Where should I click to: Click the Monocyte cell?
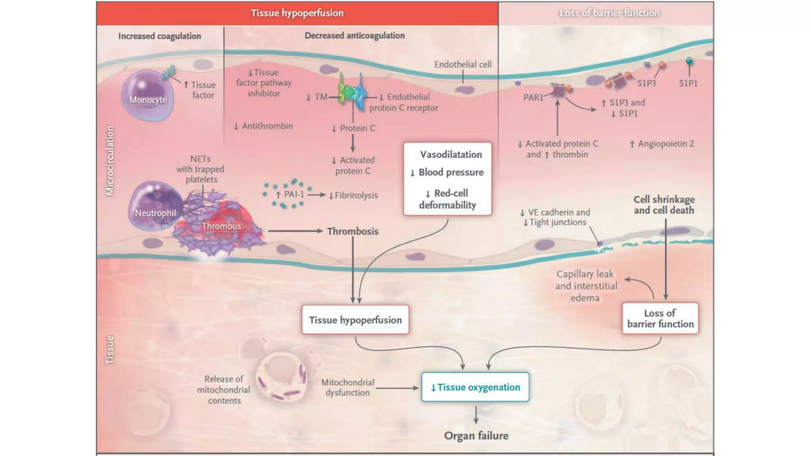click(x=147, y=96)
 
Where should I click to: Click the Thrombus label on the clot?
click(x=221, y=226)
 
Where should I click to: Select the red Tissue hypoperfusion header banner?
click(x=297, y=13)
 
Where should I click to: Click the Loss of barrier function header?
click(x=609, y=13)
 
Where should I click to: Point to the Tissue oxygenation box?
click(x=475, y=387)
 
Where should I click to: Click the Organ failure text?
click(x=476, y=436)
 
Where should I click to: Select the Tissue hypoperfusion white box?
click(x=355, y=320)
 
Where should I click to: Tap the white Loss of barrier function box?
click(x=660, y=319)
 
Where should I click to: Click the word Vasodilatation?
click(x=451, y=154)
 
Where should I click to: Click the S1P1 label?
click(x=688, y=83)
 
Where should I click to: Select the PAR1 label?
click(x=533, y=97)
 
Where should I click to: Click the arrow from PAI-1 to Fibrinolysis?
click(x=316, y=195)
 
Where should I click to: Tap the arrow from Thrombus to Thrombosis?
click(x=295, y=231)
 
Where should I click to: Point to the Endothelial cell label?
click(x=463, y=65)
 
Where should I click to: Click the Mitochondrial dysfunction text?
click(x=347, y=388)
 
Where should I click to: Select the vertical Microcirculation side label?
click(x=110, y=160)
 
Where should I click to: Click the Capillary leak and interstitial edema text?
click(x=585, y=285)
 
